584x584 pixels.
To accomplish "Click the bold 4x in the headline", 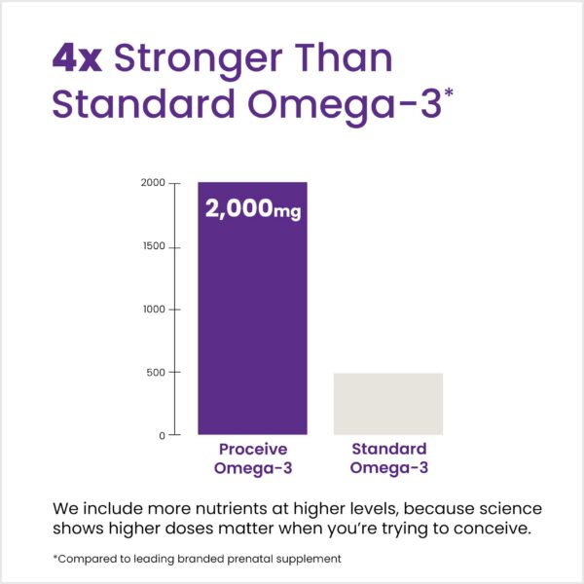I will point(78,58).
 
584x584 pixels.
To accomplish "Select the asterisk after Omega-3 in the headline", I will point(448,91).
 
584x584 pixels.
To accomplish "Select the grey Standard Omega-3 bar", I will point(388,403).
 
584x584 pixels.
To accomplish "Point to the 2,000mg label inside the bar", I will point(252,208).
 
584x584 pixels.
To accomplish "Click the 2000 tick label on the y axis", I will point(152,183).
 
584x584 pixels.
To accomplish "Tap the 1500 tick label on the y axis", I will point(152,247).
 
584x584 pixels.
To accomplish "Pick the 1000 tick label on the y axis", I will point(152,310).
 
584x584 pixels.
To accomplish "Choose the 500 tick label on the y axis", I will point(155,373).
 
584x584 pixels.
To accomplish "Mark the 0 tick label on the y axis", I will point(162,435).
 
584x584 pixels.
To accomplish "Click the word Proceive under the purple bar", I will point(252,450).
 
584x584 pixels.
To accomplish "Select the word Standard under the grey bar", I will point(388,450).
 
